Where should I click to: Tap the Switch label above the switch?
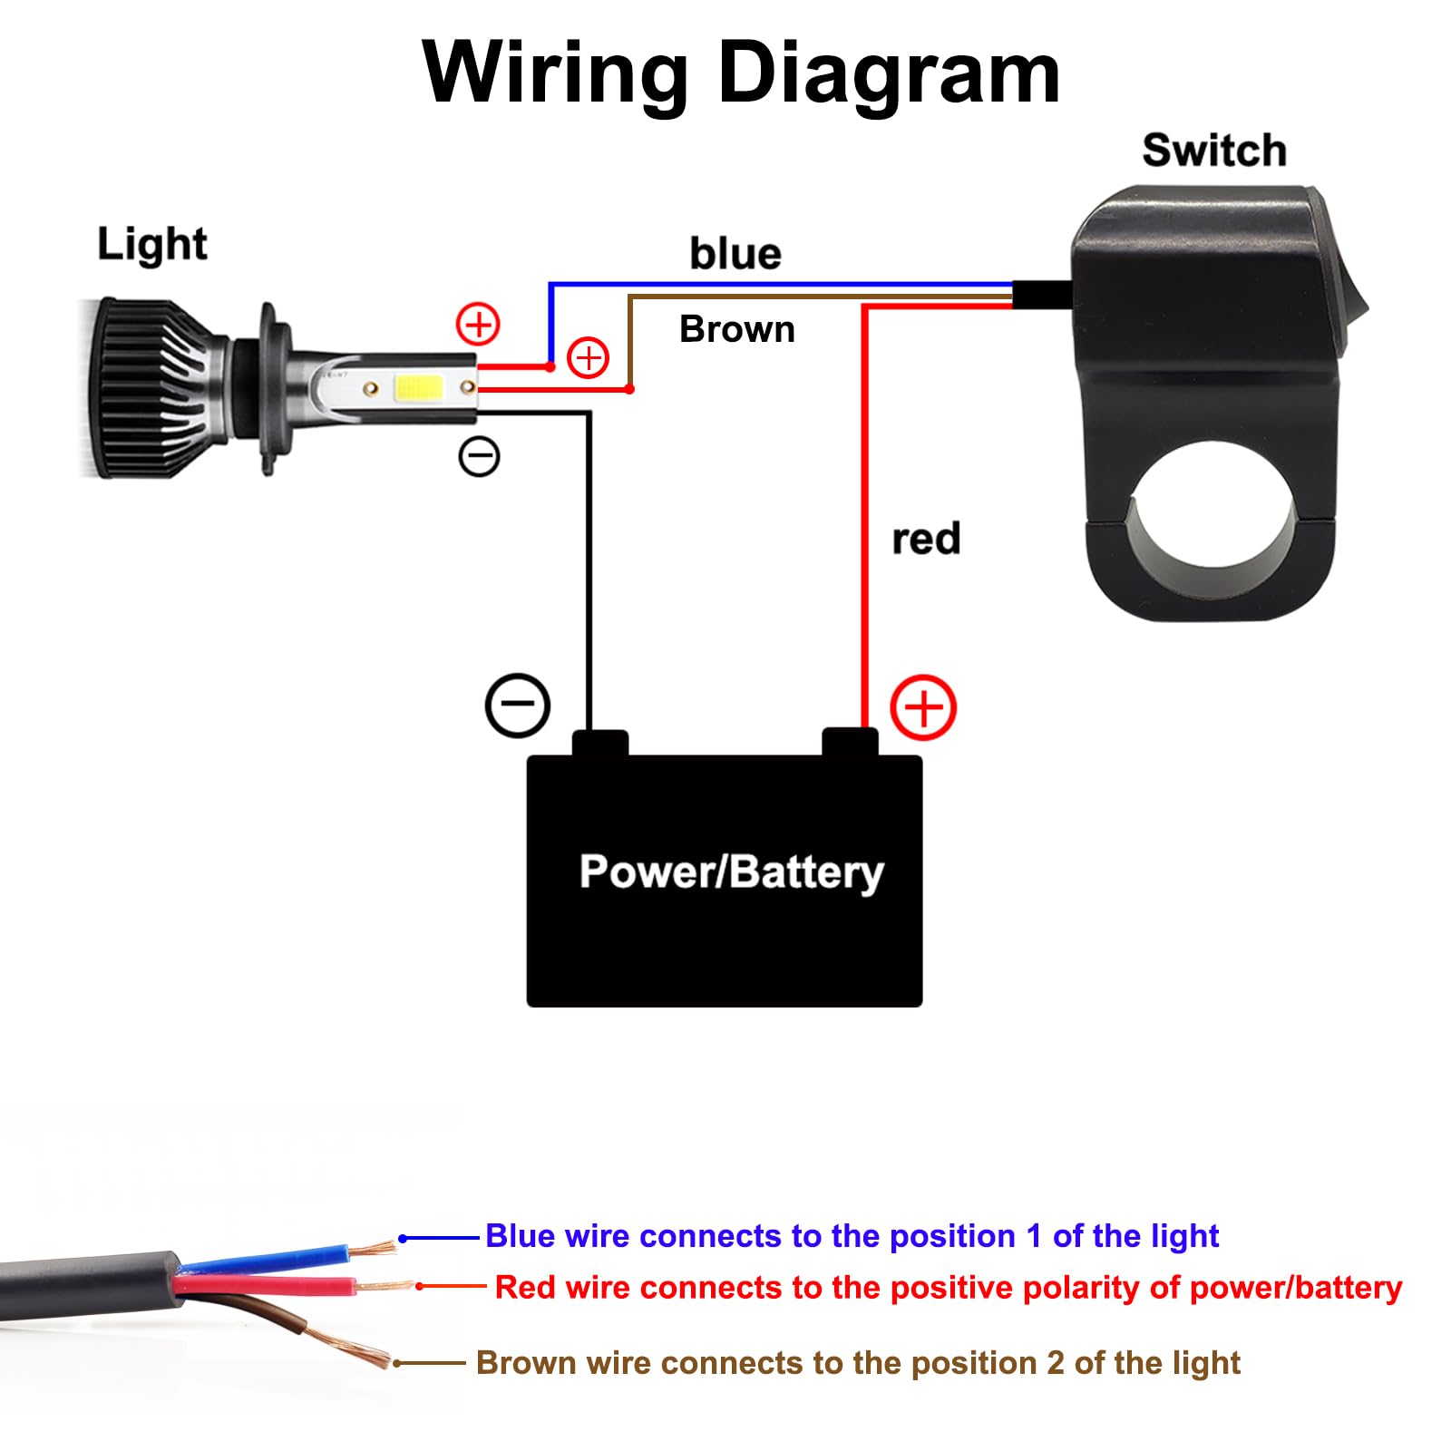1213,151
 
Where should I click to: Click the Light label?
151,244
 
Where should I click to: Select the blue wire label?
735,254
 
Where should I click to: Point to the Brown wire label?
736,329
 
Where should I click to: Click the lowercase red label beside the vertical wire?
925,539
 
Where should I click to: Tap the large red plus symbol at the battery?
923,707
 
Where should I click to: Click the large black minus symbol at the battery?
517,705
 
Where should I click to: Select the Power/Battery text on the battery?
731,872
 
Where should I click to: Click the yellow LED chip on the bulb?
418,388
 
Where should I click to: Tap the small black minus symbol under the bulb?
479,456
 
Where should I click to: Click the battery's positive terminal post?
850,742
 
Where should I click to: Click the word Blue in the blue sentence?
520,1236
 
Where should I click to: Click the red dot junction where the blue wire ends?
550,367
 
